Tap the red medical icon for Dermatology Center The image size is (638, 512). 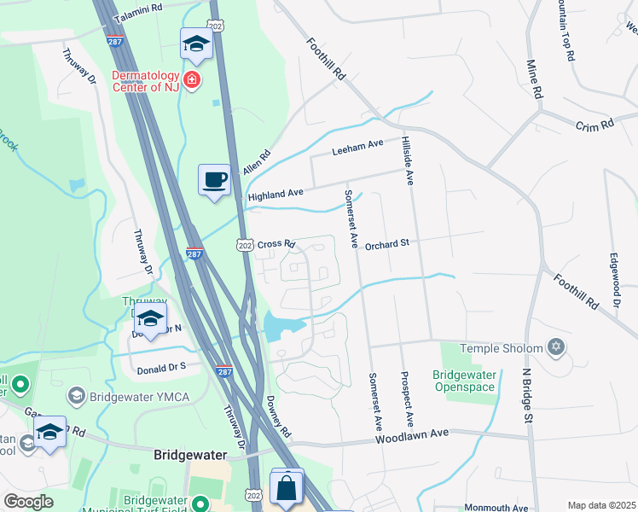tap(193, 80)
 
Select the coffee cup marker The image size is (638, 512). tap(214, 180)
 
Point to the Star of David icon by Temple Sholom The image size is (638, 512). tap(556, 347)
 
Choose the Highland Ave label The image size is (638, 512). tap(275, 195)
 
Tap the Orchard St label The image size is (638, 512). tap(388, 243)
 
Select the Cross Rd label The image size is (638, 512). tap(275, 243)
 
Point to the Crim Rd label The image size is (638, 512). tap(594, 125)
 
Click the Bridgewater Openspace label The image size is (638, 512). tap(465, 381)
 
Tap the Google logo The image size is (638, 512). tap(28, 502)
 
